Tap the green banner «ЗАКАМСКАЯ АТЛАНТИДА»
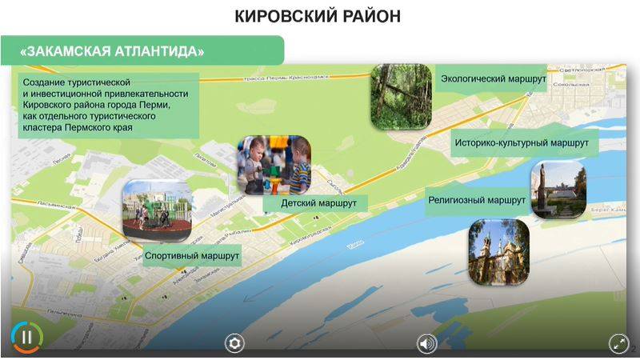(x=112, y=51)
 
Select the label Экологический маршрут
(x=493, y=79)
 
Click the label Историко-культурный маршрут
(x=525, y=144)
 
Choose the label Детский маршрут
(x=318, y=203)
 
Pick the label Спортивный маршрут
(x=192, y=255)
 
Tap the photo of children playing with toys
(x=274, y=164)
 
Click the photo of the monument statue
(x=558, y=190)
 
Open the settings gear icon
(x=234, y=343)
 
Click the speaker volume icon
(x=426, y=343)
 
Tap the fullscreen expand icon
(x=618, y=343)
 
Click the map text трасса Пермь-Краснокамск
(x=286, y=78)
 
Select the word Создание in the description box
(x=44, y=82)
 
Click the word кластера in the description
(x=44, y=127)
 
